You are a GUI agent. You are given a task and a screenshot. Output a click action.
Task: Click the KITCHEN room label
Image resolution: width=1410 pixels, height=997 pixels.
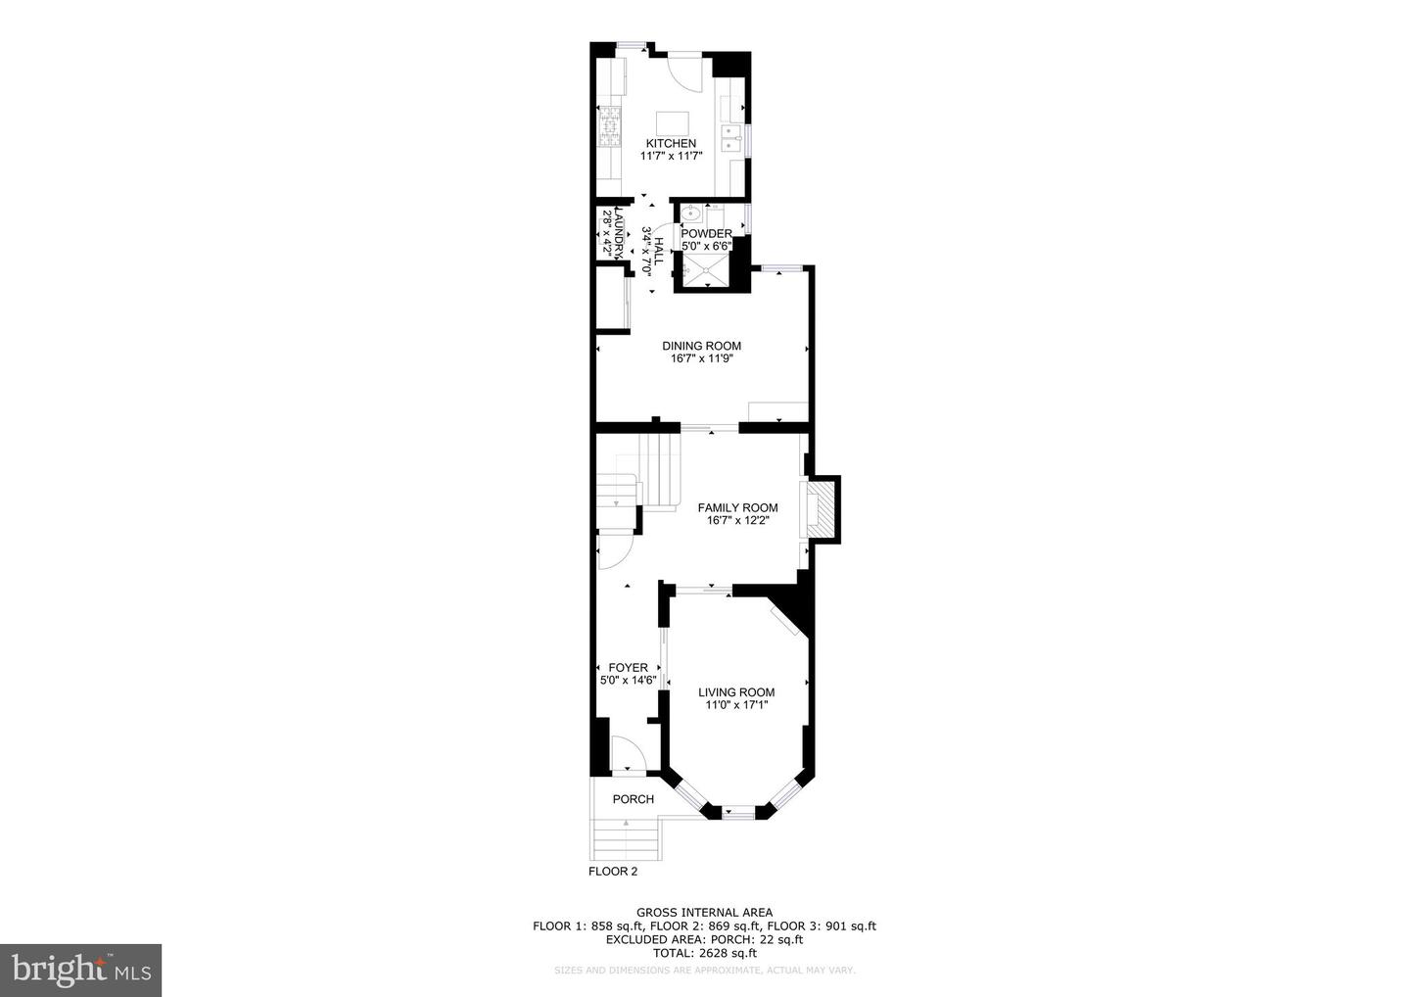(x=671, y=144)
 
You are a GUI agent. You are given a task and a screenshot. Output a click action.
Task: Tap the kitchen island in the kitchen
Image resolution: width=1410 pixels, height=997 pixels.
(x=672, y=123)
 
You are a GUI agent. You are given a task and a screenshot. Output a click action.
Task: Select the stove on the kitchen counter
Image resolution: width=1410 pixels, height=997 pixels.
(x=609, y=127)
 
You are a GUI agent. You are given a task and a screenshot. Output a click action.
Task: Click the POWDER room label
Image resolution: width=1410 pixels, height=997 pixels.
(x=706, y=234)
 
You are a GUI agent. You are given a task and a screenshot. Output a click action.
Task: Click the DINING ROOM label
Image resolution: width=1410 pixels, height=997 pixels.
(x=701, y=346)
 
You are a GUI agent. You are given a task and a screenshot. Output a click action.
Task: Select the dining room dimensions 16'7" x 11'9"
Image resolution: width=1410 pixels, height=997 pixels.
(x=701, y=358)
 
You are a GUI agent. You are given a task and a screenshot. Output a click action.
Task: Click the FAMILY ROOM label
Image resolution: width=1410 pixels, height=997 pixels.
(x=737, y=507)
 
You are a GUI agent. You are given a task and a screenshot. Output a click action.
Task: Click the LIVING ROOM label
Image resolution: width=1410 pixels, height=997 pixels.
(x=736, y=692)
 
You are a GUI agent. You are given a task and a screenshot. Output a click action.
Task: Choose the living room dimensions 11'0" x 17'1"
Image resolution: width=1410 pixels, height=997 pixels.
(x=736, y=705)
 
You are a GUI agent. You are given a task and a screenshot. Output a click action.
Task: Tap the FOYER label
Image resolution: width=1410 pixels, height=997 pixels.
(x=628, y=668)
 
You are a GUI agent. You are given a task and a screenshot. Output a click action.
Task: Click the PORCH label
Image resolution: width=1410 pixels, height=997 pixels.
(x=633, y=799)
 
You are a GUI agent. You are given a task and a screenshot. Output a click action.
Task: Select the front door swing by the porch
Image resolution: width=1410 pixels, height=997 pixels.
(x=627, y=755)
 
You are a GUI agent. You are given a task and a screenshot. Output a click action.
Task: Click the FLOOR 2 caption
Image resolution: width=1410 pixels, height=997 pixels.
(x=612, y=871)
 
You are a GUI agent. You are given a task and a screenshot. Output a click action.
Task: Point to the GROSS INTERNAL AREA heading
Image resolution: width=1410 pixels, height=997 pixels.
(x=704, y=913)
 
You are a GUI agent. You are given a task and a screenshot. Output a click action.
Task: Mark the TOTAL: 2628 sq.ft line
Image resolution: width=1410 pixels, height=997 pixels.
(x=704, y=953)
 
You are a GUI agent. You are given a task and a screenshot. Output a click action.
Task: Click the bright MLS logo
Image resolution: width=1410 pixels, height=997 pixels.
(x=80, y=971)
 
